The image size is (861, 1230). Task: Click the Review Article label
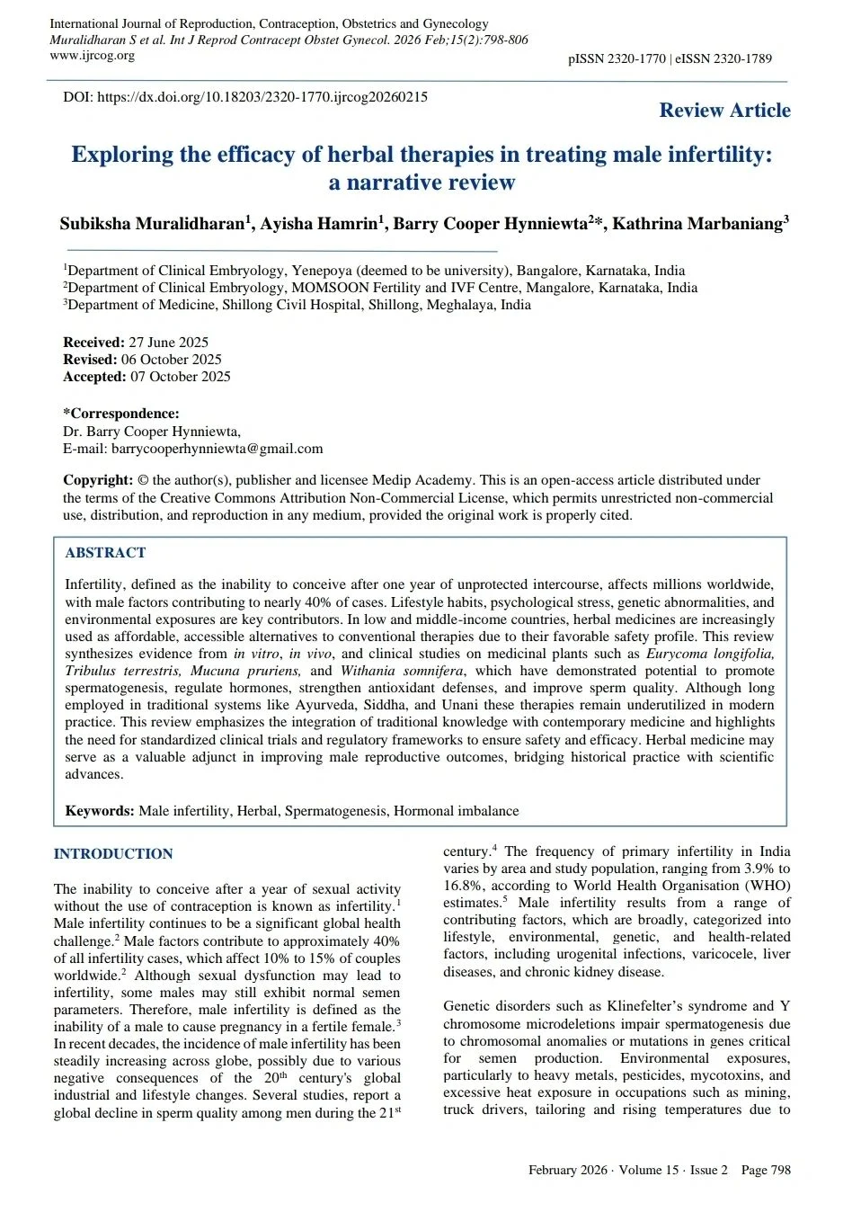pyautogui.click(x=724, y=111)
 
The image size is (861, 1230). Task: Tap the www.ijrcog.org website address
pyautogui.click(x=92, y=56)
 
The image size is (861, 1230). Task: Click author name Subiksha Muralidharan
pyautogui.click(x=153, y=224)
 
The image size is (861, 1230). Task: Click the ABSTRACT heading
pyautogui.click(x=105, y=553)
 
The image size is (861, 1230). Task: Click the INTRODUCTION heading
pyautogui.click(x=113, y=854)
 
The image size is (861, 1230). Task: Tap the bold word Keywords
pyautogui.click(x=99, y=811)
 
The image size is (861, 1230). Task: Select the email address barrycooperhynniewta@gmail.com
pyautogui.click(x=217, y=449)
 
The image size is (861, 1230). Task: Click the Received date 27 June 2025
pyautogui.click(x=168, y=343)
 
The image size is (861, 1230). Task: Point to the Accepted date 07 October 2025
pyautogui.click(x=180, y=377)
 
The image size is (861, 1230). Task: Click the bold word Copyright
pyautogui.click(x=98, y=480)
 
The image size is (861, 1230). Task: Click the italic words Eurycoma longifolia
pyautogui.click(x=709, y=654)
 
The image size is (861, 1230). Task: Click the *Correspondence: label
pyautogui.click(x=121, y=414)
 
